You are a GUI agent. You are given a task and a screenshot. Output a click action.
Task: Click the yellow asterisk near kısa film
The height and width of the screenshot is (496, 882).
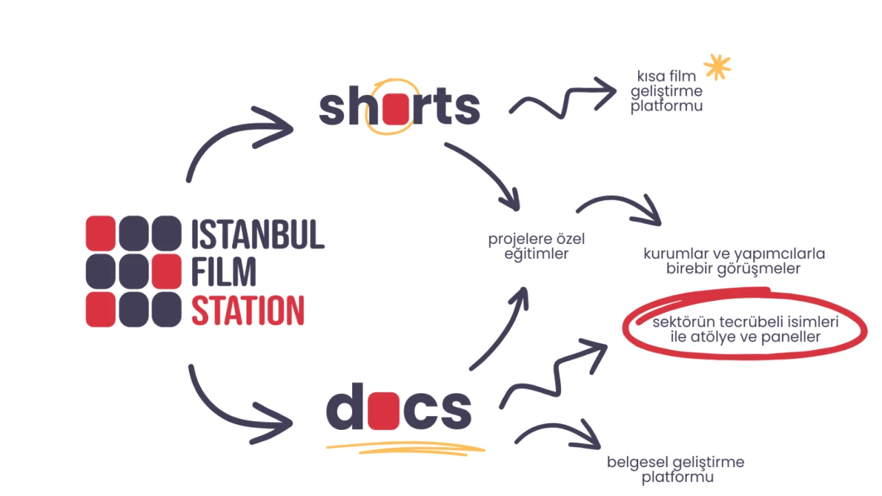[717, 68]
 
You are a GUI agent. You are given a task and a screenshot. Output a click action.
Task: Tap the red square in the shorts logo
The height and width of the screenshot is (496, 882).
[396, 109]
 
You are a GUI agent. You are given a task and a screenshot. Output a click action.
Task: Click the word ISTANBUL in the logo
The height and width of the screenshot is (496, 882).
[258, 236]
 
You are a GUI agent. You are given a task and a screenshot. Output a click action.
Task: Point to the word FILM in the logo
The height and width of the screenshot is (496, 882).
[224, 272]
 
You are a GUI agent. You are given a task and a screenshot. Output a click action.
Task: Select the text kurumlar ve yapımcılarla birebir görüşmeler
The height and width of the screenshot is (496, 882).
[734, 261]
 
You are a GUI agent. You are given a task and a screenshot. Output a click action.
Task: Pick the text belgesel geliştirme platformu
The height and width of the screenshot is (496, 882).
[676, 469]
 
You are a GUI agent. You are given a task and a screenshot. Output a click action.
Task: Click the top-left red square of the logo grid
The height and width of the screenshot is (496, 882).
[101, 233]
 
